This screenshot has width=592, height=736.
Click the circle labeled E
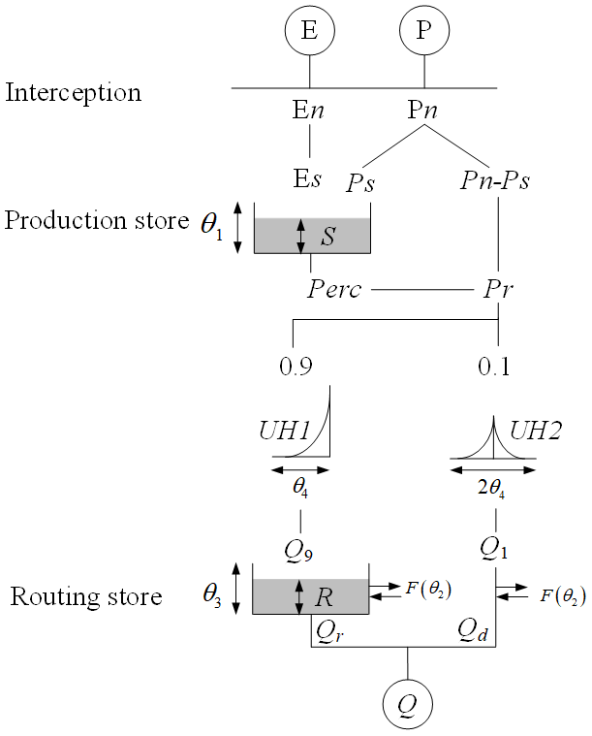309,30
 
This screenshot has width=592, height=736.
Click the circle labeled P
423,30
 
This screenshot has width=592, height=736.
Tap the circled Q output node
407,698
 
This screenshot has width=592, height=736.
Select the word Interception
74,93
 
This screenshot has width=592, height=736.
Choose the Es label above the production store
308,180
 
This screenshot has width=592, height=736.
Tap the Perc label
334,289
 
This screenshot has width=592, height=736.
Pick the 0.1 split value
496,368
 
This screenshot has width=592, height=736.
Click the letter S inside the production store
327,236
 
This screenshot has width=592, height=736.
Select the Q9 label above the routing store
298,549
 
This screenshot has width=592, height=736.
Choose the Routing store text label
86,596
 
